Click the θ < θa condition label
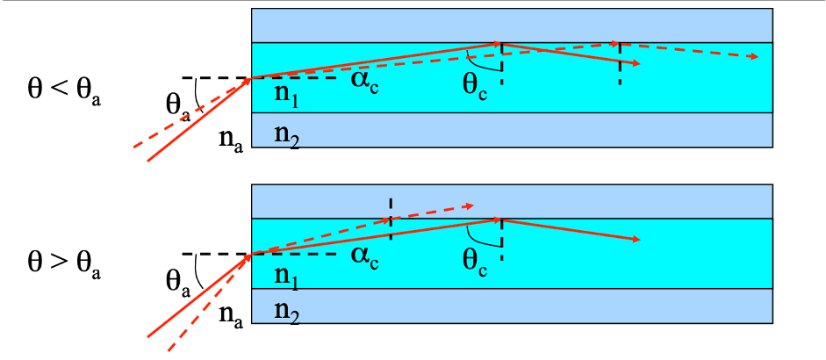click(x=64, y=90)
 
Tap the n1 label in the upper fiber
click(x=286, y=96)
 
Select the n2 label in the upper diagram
click(x=286, y=138)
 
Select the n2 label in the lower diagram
click(x=286, y=314)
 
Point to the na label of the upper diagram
click(x=231, y=140)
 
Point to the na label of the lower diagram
click(x=231, y=316)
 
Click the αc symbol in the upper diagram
click(x=364, y=83)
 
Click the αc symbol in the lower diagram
click(x=364, y=258)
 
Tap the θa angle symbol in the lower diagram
click(x=178, y=284)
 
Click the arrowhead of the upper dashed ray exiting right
click(x=754, y=56)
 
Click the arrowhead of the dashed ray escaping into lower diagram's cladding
click(x=470, y=206)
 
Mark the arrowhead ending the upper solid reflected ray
click(x=636, y=63)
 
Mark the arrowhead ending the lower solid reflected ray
click(x=636, y=240)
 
